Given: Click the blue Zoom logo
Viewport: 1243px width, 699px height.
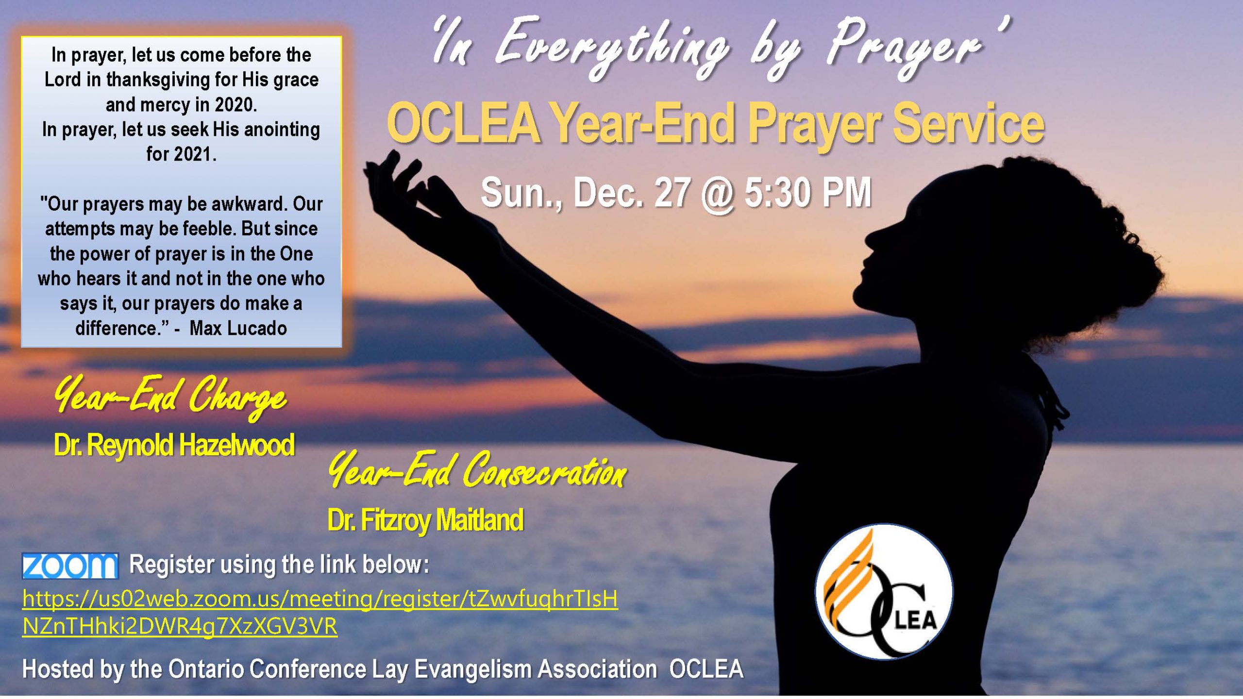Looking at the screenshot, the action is (x=70, y=566).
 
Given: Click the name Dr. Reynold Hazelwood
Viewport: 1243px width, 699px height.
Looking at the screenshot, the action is (x=174, y=445).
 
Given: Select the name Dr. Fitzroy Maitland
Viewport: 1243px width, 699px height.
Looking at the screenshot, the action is (x=425, y=520).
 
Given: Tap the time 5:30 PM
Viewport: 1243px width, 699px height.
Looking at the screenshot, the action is (x=808, y=193).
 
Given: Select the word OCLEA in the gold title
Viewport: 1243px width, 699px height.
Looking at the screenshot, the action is (x=464, y=124).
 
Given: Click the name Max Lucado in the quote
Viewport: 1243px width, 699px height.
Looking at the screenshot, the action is (x=238, y=329).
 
